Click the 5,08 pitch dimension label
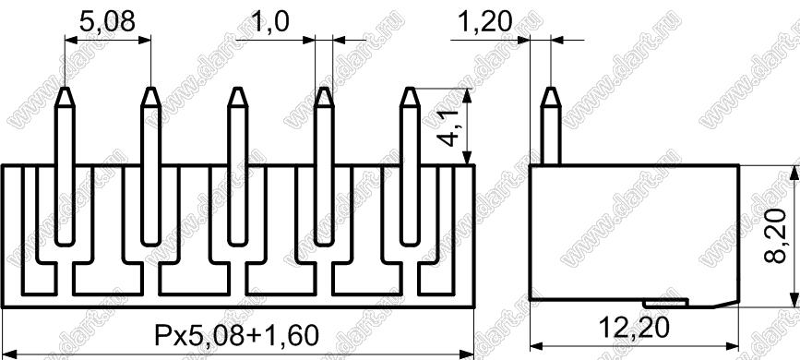(x=107, y=21)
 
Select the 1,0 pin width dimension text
(x=270, y=21)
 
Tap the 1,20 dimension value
(x=485, y=21)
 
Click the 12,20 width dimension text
(x=634, y=329)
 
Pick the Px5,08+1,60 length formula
(x=237, y=335)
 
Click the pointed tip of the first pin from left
(x=65, y=89)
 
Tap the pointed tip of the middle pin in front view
(x=237, y=89)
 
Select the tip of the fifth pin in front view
(x=410, y=89)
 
